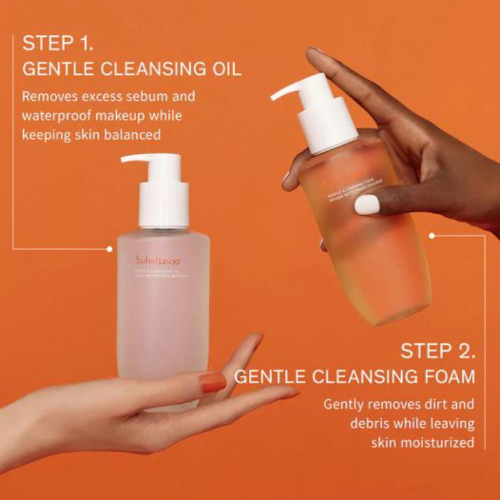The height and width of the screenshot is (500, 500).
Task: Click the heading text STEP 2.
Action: tap(437, 351)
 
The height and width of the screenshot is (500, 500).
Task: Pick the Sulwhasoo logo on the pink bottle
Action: tap(157, 259)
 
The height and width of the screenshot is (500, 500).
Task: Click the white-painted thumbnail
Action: tap(367, 204)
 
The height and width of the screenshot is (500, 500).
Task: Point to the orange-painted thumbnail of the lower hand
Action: tap(213, 382)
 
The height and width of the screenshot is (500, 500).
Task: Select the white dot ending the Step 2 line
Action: tap(432, 236)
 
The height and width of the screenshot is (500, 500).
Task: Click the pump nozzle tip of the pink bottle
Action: tap(124, 159)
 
